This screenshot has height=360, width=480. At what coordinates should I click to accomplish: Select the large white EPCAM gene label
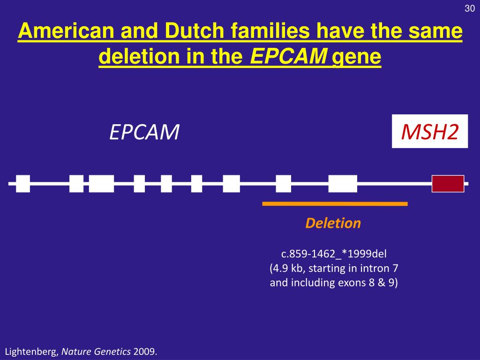[x=144, y=133]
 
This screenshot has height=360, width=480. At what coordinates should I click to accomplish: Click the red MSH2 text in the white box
[x=430, y=133]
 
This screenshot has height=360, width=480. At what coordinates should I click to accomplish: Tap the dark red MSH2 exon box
[x=448, y=184]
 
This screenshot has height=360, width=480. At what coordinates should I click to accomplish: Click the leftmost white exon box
[x=22, y=184]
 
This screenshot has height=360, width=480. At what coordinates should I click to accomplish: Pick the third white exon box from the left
[x=101, y=184]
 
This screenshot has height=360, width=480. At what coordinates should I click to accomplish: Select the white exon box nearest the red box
[x=343, y=184]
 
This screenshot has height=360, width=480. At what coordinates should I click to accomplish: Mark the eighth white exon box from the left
[x=283, y=184]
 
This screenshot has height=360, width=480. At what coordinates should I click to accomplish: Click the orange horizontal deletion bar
[x=335, y=204]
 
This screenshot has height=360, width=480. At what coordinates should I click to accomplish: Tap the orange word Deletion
[x=333, y=223]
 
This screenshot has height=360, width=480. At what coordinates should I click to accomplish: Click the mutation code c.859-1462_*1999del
[x=334, y=254]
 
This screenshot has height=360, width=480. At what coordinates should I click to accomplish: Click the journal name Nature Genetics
[x=97, y=352]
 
